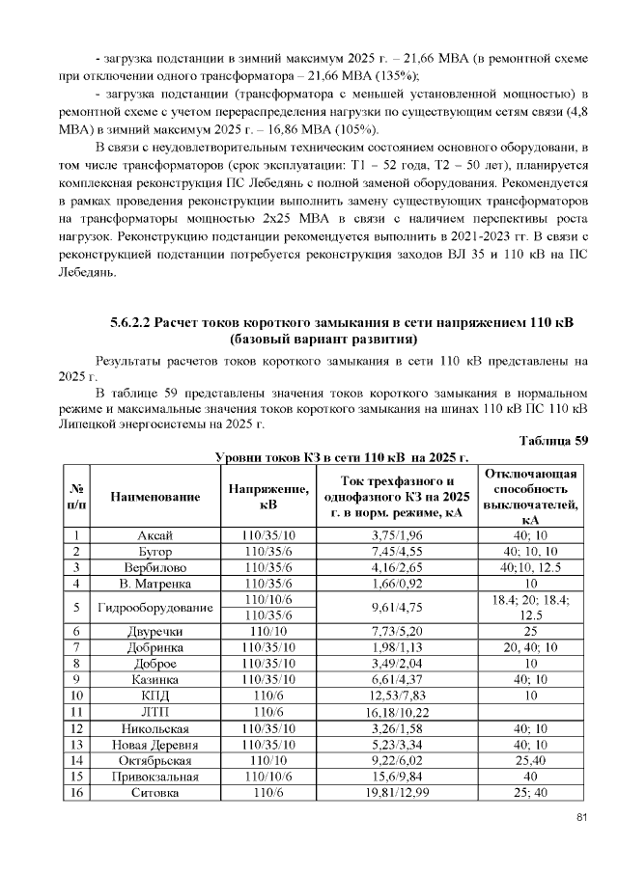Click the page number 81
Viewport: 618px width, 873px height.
click(x=581, y=818)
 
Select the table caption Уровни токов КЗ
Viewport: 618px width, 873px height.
click(x=341, y=456)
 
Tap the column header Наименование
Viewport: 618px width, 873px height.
click(x=155, y=497)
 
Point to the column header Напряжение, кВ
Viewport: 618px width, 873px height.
click(x=268, y=497)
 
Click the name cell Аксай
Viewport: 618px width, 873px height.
click(x=155, y=534)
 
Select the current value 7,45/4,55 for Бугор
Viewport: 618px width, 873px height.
click(x=398, y=551)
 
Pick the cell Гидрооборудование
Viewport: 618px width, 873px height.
click(x=155, y=608)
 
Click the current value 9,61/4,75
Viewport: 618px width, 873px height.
click(x=398, y=608)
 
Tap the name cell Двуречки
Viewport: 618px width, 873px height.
click(x=155, y=631)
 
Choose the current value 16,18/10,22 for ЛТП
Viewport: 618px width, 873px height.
click(x=398, y=712)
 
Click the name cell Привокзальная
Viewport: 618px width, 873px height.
click(x=155, y=777)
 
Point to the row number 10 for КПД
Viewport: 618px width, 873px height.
click(x=75, y=696)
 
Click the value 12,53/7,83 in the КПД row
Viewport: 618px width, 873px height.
click(x=398, y=696)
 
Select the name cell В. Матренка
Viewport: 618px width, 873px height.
click(x=155, y=583)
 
